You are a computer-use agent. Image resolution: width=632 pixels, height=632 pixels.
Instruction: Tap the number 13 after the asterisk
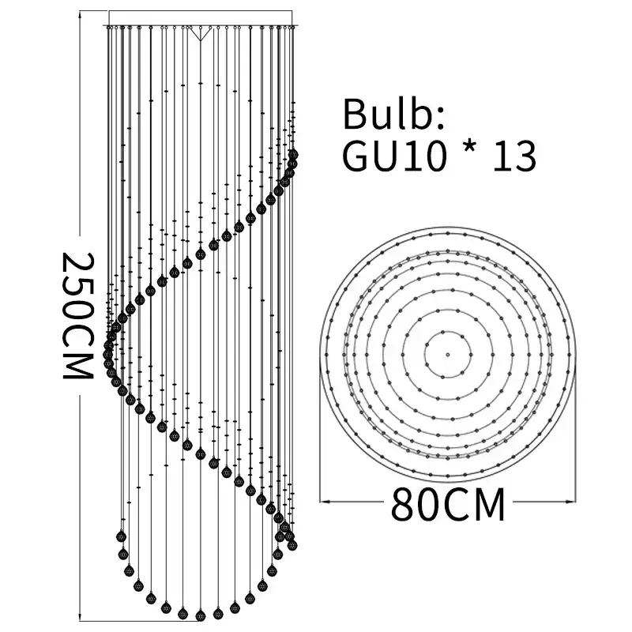click(514, 156)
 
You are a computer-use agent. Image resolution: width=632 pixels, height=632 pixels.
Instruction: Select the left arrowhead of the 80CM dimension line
click(323, 499)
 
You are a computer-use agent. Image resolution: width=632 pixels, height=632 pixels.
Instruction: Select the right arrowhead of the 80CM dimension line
click(571, 499)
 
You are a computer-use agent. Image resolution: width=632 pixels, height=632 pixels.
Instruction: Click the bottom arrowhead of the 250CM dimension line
click(84, 616)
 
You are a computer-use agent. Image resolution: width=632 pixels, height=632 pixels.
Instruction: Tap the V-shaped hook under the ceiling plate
click(201, 34)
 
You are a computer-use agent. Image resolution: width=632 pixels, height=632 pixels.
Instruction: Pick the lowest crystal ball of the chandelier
click(200, 614)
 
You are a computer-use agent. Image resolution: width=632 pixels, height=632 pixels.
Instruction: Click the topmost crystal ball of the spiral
click(294, 154)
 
